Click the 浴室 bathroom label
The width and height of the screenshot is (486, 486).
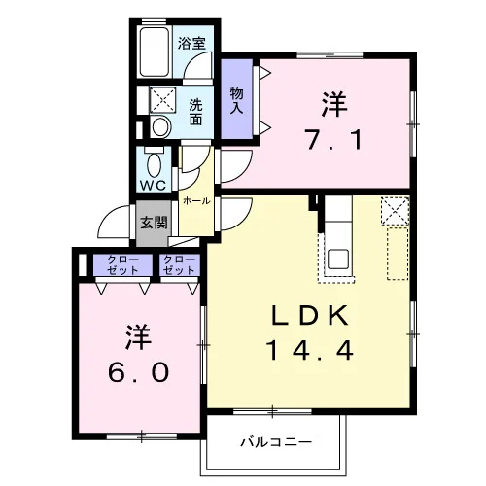(x=191, y=44)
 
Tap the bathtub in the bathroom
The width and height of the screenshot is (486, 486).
(x=155, y=52)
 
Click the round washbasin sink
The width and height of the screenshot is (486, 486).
(x=160, y=127)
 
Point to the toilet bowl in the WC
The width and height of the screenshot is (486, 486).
(x=155, y=164)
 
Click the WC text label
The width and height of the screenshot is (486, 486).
(x=153, y=186)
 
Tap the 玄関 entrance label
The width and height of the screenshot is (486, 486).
(x=154, y=223)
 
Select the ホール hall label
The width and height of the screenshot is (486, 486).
(x=196, y=201)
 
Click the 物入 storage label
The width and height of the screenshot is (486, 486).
(x=236, y=100)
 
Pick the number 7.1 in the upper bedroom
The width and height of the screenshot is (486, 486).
(x=333, y=140)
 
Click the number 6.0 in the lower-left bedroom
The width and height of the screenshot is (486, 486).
(x=139, y=372)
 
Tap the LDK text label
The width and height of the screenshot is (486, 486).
(x=310, y=315)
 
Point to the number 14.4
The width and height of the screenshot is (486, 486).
(x=310, y=351)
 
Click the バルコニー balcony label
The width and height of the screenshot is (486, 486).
(x=276, y=442)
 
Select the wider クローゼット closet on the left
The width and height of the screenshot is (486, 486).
(x=122, y=264)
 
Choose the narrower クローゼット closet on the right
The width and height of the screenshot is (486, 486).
(x=180, y=264)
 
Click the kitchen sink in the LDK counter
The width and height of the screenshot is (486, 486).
(x=338, y=260)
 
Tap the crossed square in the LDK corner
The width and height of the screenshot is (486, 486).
(x=396, y=211)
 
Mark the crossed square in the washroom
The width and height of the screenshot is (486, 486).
(x=162, y=100)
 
